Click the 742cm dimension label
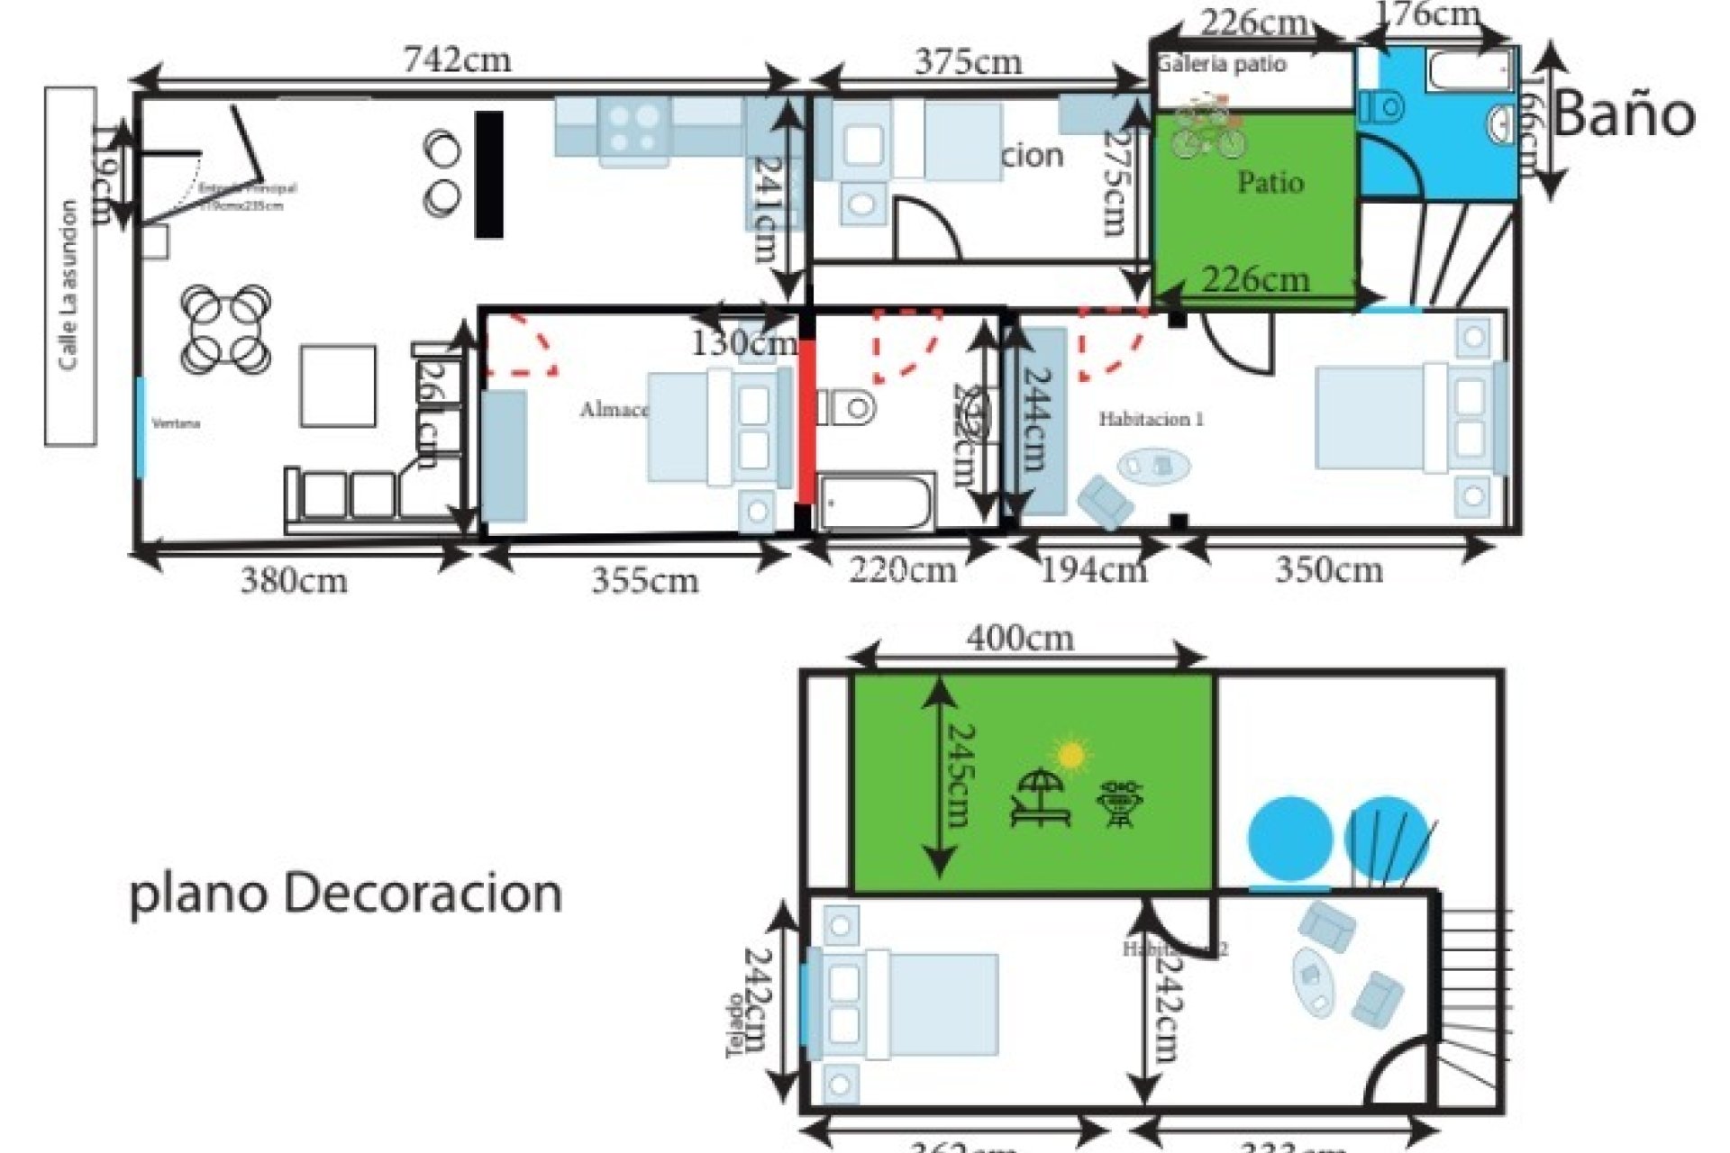pos(457,60)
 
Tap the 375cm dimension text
pos(968,62)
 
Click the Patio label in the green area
pos(1270,183)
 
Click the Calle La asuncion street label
pos(68,285)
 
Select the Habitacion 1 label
pos(1151,419)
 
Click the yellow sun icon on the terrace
pos(1070,754)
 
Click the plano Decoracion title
pos(346,894)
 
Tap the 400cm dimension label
pos(1020,639)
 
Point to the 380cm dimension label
pos(294,581)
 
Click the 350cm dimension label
pos(1328,570)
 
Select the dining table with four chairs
pos(226,330)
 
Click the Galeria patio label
pos(1223,64)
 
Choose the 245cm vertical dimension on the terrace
pos(957,776)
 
